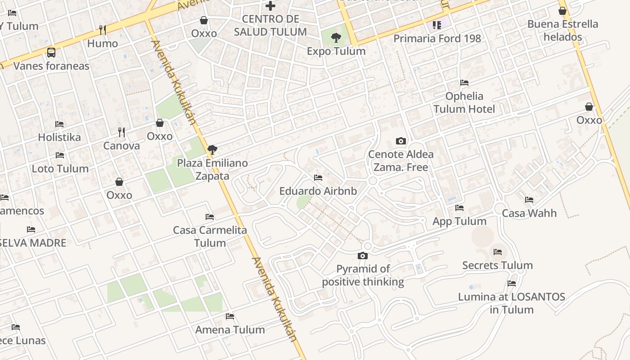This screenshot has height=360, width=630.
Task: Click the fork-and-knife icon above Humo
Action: point(103,30)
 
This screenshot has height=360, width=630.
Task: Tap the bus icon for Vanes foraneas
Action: point(51,53)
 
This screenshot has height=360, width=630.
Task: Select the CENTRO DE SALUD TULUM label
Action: point(270,26)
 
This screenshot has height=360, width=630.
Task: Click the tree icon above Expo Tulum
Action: point(336,38)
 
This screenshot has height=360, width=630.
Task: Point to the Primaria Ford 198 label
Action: point(437,39)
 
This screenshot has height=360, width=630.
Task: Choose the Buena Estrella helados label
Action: point(562,31)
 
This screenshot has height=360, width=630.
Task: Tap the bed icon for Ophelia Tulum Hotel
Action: point(464,83)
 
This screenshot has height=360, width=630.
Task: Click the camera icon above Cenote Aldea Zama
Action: point(400,141)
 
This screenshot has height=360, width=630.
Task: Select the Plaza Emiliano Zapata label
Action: point(212,169)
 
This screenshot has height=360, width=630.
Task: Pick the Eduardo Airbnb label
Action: point(318,191)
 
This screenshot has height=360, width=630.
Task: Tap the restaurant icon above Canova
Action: point(121,132)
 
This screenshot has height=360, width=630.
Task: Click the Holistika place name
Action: point(59,137)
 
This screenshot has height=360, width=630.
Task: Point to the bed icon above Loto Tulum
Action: point(59,155)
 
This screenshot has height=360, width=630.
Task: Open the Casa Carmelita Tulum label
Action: point(210,236)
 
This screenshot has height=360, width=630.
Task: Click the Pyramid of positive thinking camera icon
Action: point(362,256)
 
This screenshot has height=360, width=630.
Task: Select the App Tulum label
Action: point(459,221)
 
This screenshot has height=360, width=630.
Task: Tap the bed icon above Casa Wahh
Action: point(529,200)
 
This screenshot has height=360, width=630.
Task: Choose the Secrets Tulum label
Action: point(497,265)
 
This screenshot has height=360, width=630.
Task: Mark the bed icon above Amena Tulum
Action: point(229,316)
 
